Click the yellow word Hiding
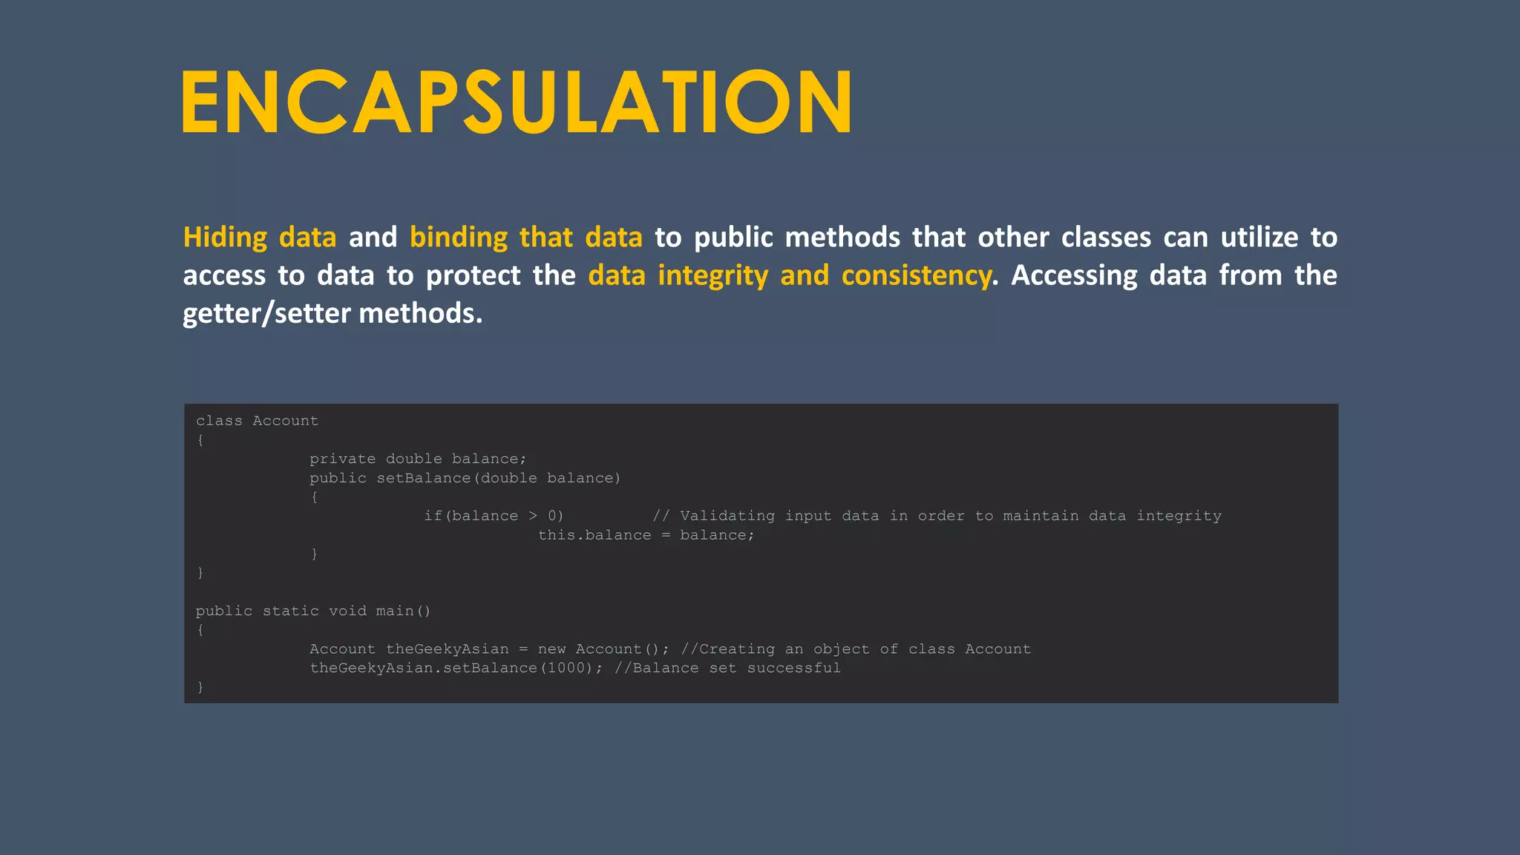(225, 237)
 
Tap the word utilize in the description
(1259, 237)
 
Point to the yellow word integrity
(712, 275)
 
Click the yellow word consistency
(916, 275)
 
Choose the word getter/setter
(266, 313)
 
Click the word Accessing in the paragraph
(1074, 275)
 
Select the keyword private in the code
(342, 459)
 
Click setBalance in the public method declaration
(424, 478)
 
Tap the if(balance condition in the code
(471, 516)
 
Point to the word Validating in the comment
(727, 516)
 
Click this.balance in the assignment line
(594, 535)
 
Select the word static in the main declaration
(290, 611)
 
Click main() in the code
(403, 611)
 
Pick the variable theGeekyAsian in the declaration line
(447, 649)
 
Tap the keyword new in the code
(551, 649)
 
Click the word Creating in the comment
(736, 649)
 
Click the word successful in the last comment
(793, 668)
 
